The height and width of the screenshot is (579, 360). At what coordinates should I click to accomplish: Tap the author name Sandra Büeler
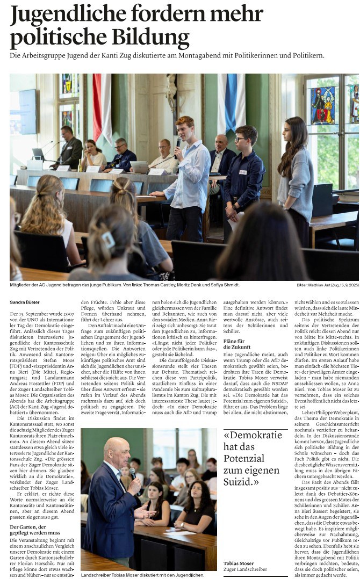pos(25,302)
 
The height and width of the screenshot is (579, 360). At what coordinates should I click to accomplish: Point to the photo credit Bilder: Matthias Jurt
pos(327,285)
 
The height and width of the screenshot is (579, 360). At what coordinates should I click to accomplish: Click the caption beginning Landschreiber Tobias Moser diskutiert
pos(142,575)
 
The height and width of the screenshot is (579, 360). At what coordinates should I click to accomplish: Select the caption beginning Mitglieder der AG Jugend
pos(124,285)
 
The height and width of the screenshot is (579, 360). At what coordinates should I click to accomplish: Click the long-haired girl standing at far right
pos(296,172)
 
